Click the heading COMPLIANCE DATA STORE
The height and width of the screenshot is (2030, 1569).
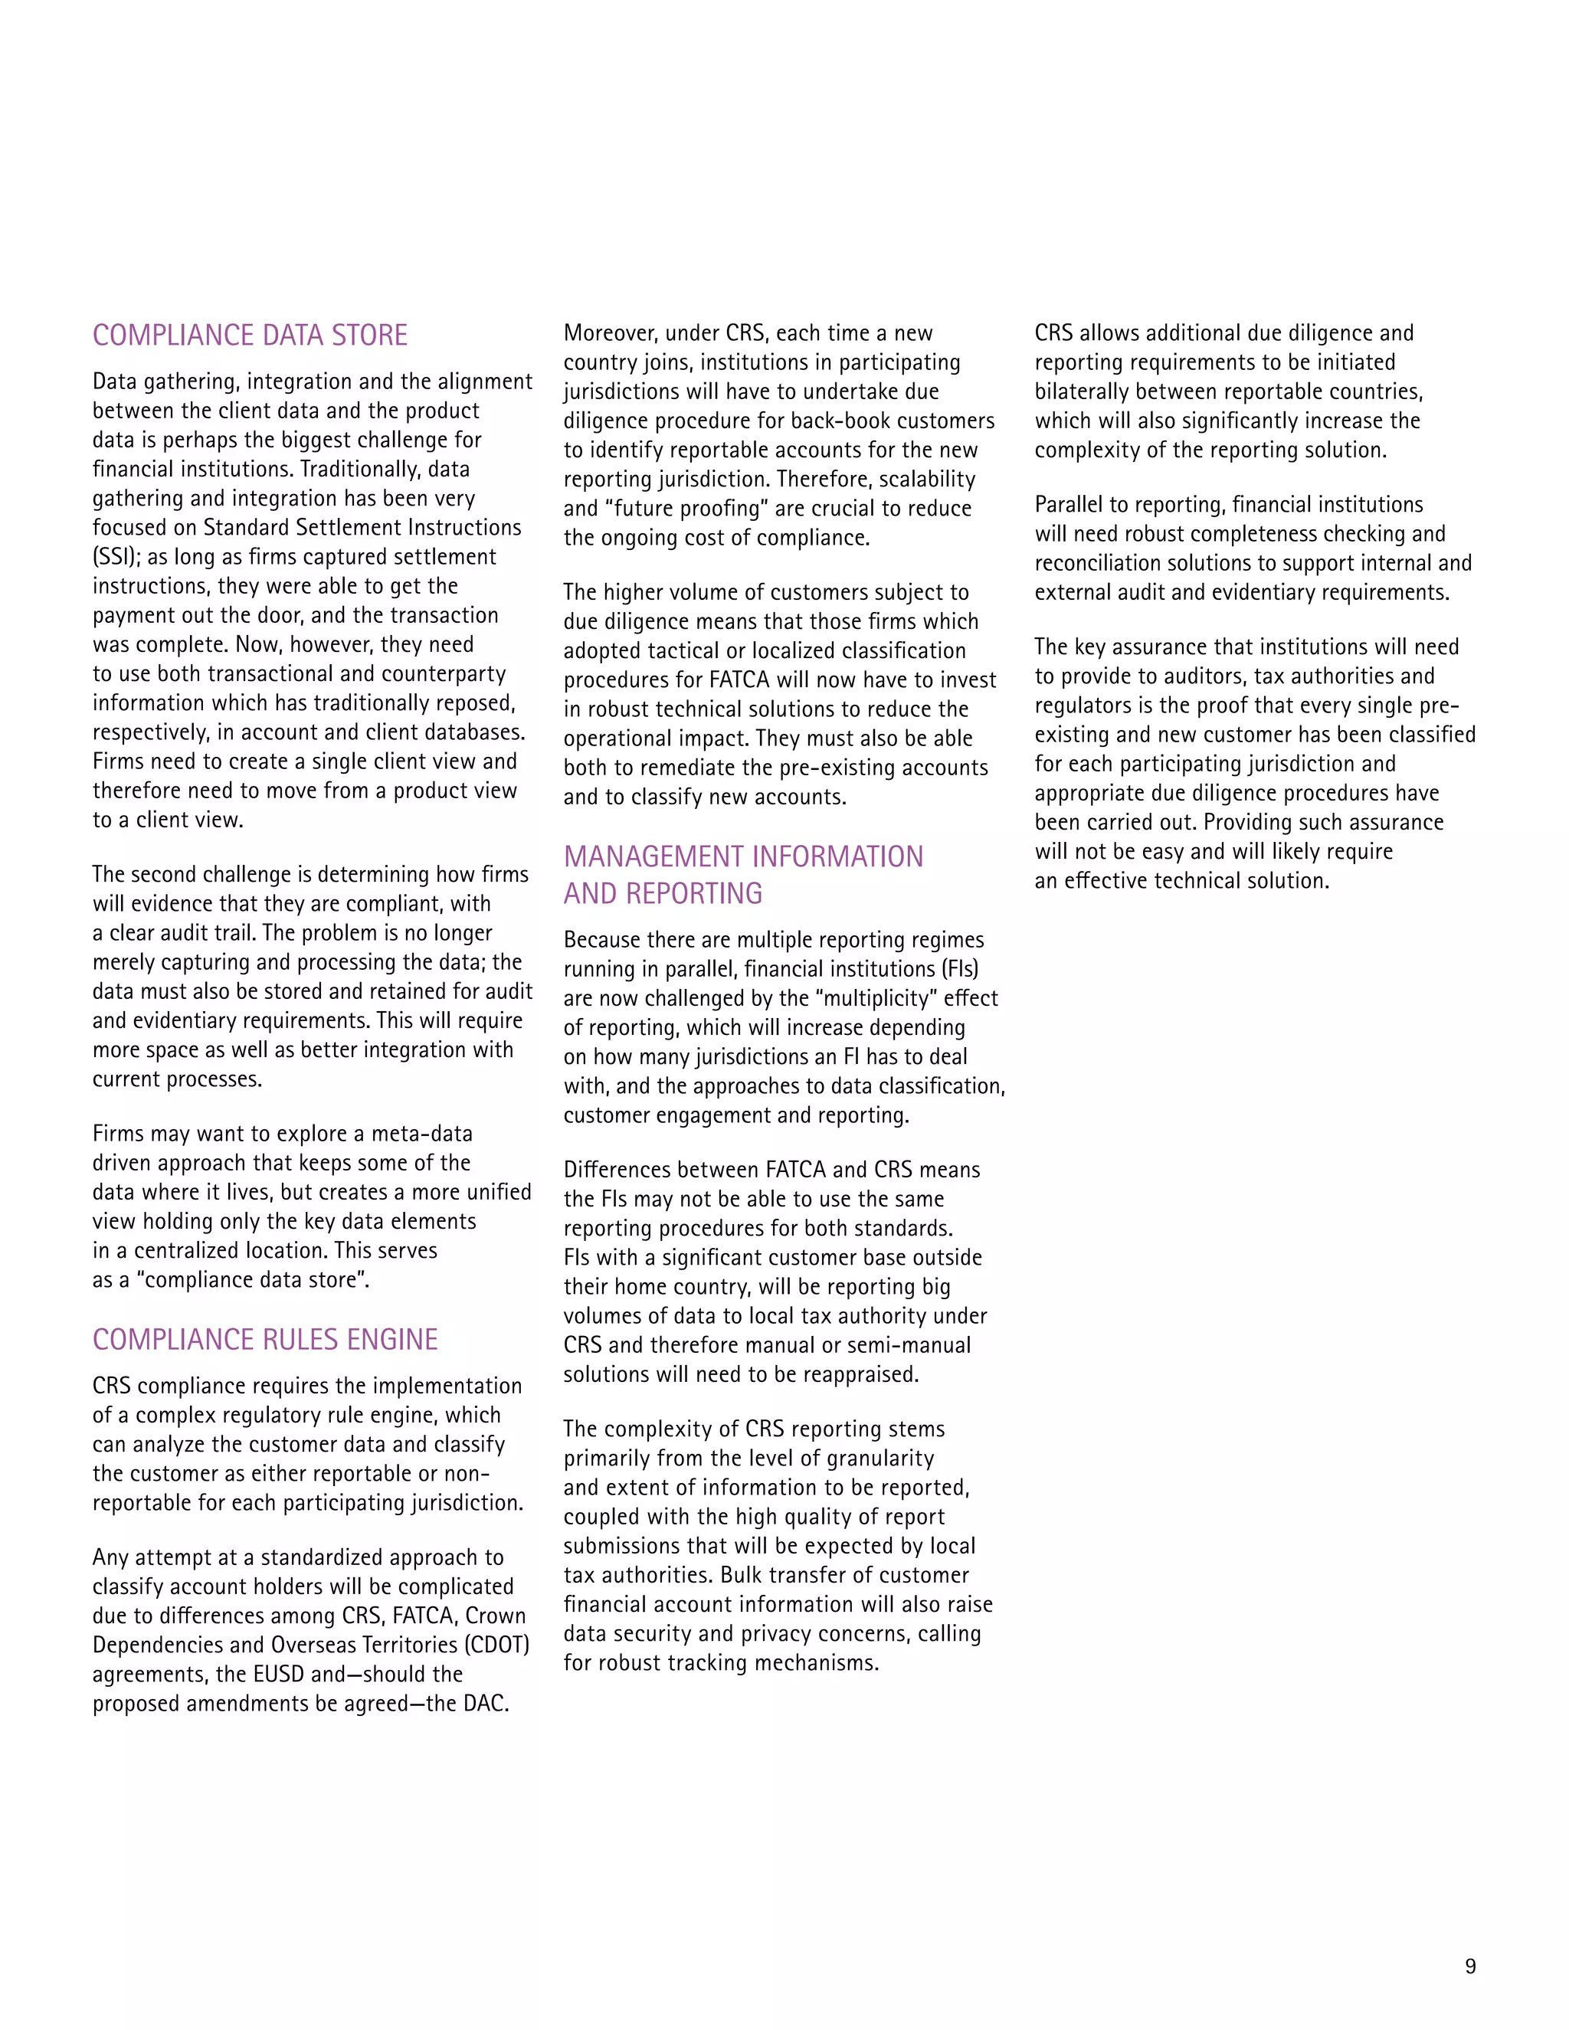coord(250,336)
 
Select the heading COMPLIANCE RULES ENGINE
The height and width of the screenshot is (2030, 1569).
coord(265,1339)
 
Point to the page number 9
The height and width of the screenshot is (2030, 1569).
coord(1469,1966)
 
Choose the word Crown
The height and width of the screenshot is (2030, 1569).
coord(496,1616)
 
